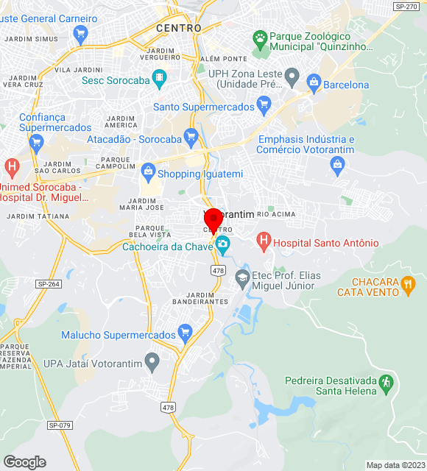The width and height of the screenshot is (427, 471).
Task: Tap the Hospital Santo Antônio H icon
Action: tap(263, 240)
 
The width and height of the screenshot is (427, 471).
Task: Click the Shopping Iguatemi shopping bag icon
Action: tap(148, 173)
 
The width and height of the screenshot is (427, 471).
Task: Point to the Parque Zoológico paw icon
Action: tap(259, 38)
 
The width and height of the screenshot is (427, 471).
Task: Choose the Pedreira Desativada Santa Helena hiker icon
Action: tap(386, 383)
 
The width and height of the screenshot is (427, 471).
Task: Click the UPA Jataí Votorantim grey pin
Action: tap(152, 361)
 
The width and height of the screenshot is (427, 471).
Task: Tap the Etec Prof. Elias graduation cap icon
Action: tap(241, 277)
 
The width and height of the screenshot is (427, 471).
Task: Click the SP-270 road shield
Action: tap(406, 6)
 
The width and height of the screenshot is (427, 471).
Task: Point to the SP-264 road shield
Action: tap(49, 284)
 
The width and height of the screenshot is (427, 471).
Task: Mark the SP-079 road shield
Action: tap(59, 425)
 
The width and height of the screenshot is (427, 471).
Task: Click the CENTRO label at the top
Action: tap(178, 27)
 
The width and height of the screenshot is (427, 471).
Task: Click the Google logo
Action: tap(24, 461)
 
